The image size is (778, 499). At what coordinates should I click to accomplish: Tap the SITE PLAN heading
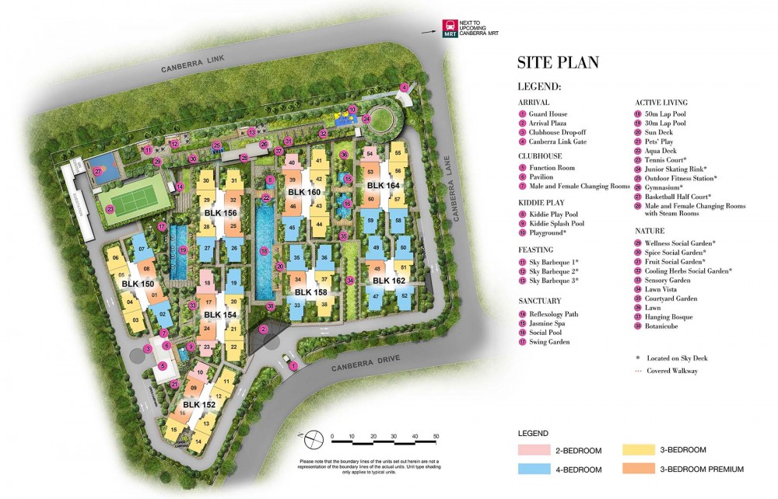coord(558,63)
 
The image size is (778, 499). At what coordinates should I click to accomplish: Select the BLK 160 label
coord(303,192)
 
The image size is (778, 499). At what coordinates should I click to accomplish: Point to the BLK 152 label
coord(199,405)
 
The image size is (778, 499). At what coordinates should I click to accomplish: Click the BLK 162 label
coord(388,281)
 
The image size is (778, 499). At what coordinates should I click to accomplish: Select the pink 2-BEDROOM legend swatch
coord(533,450)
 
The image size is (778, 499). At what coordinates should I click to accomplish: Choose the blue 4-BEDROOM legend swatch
coord(533,469)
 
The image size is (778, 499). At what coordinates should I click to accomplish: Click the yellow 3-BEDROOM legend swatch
coord(640,450)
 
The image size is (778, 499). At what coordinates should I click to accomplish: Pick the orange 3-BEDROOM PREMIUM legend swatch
coord(640,469)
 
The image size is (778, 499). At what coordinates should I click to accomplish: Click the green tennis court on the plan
coord(134,201)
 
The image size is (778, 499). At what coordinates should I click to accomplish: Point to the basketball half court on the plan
coord(99,172)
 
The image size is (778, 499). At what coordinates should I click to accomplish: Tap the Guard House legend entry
coord(548,114)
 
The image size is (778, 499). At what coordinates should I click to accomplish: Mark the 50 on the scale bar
coord(436,436)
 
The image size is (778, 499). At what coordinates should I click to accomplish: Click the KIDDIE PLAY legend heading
coord(537,202)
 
